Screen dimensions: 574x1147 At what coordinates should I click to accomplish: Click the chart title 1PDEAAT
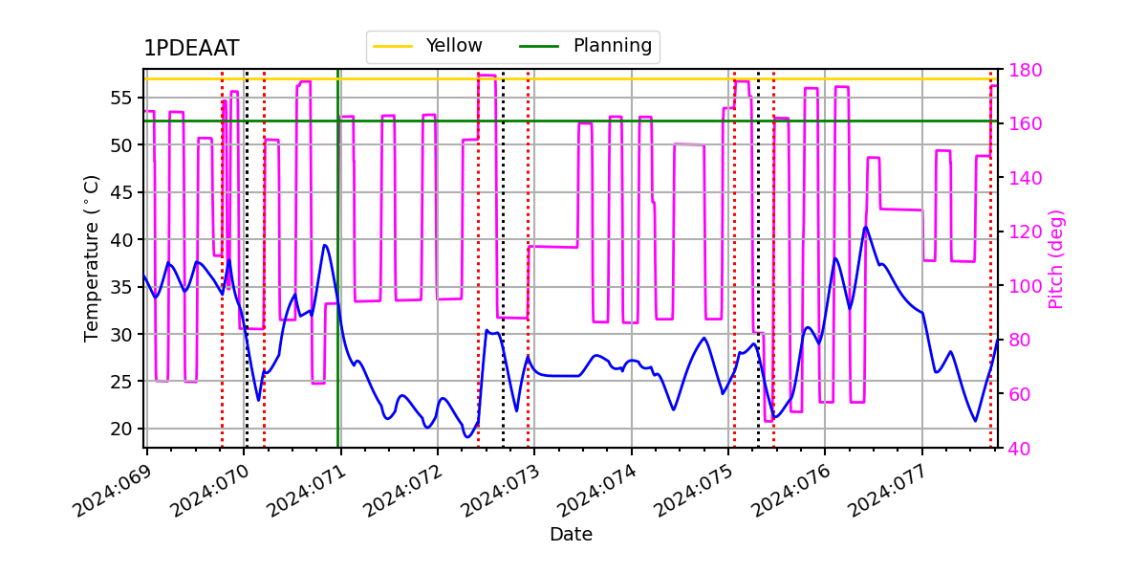(191, 49)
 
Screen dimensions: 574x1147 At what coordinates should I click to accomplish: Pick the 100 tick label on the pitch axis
(1019, 286)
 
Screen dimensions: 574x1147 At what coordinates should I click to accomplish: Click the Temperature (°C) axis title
(92, 257)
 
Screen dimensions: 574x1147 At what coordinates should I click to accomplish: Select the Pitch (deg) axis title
(1055, 258)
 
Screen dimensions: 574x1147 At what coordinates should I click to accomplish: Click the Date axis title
(571, 535)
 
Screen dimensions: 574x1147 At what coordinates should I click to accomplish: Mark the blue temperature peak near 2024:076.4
(866, 228)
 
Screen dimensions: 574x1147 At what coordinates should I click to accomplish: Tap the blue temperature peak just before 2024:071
(325, 245)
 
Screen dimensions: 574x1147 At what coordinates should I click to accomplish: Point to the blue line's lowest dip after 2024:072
(467, 437)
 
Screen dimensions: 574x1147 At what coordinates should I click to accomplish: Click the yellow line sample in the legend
(393, 46)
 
